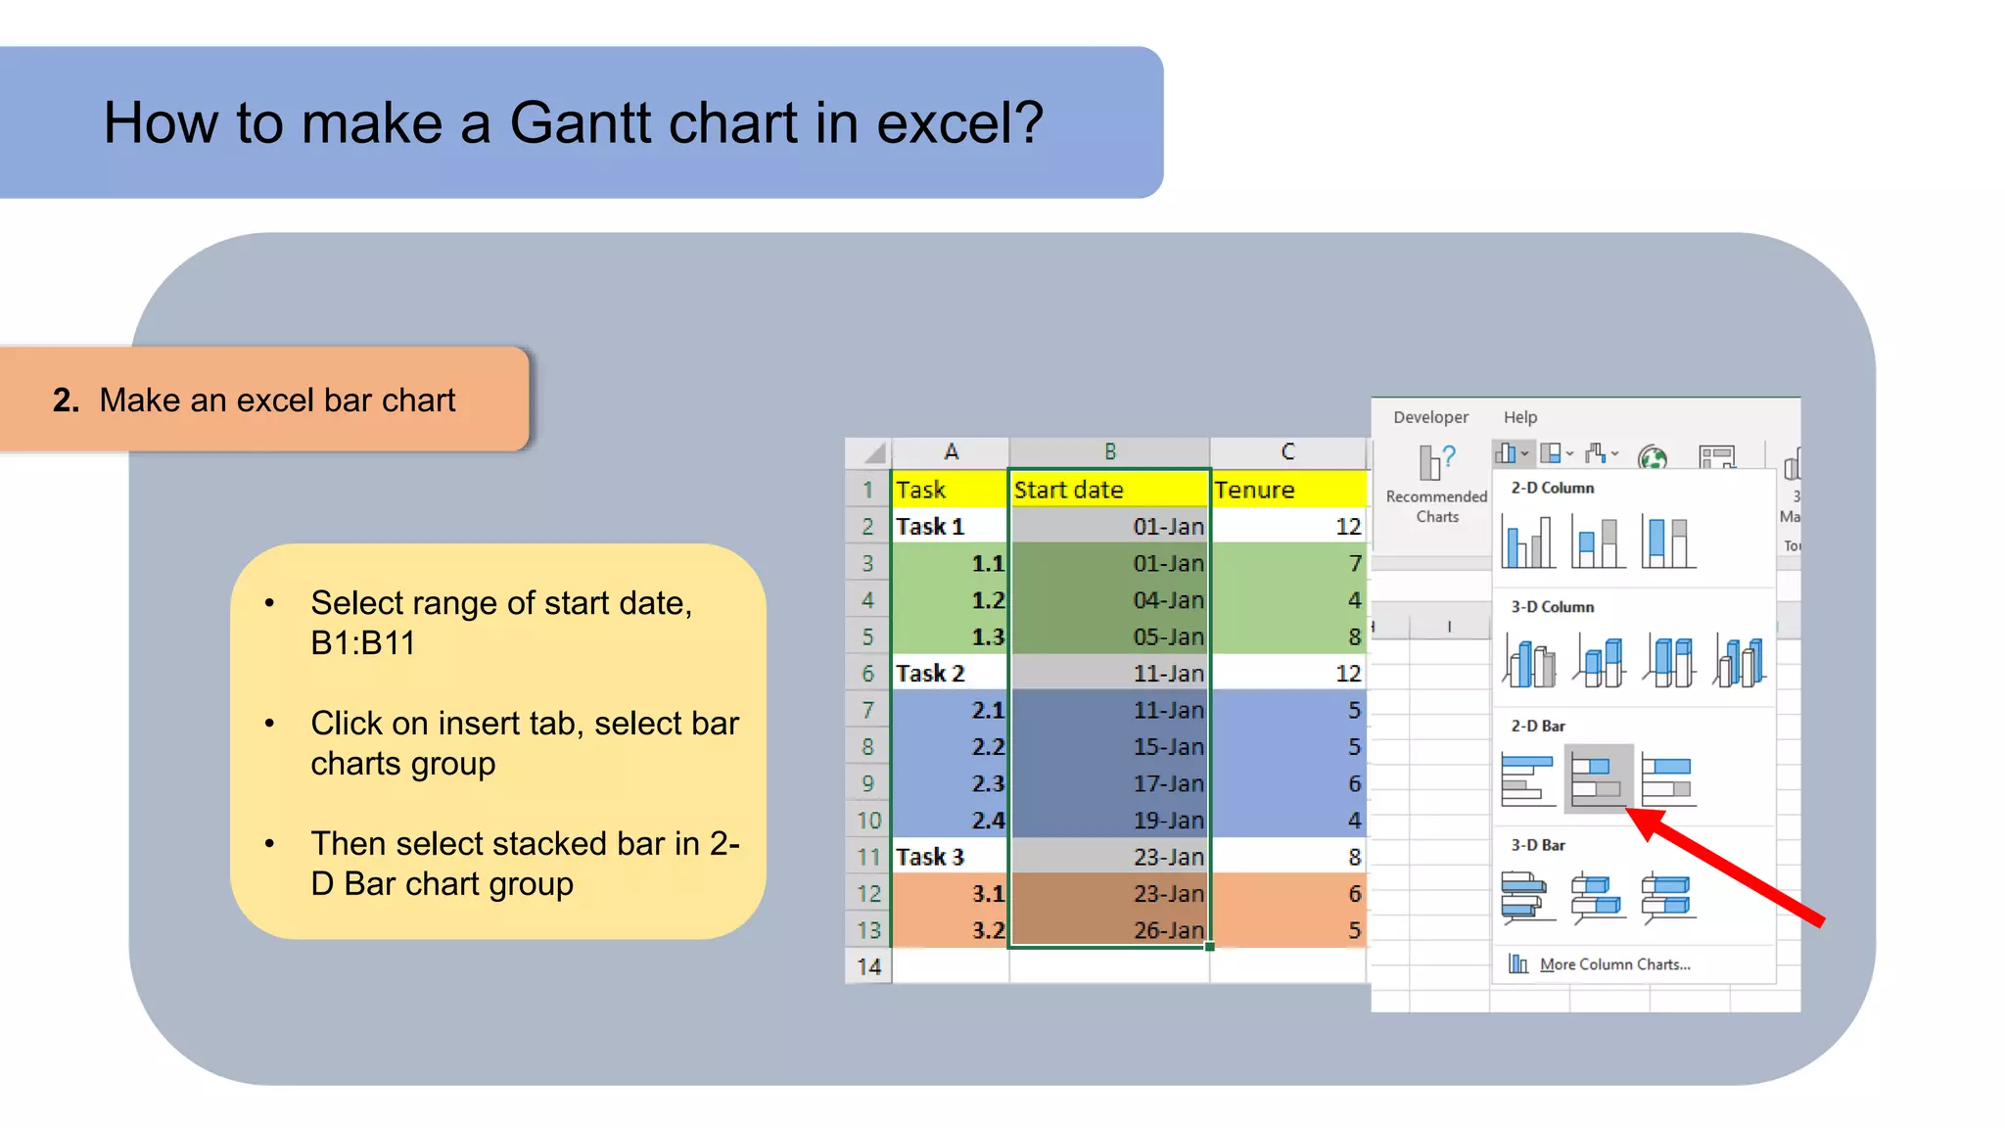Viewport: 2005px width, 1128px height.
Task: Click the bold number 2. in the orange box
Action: point(66,400)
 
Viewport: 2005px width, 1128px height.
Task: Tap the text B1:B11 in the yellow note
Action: point(362,643)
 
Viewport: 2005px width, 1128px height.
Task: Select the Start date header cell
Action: point(1108,490)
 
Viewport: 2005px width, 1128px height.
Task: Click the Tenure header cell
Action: point(1287,490)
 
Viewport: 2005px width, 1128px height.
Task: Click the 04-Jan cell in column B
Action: point(1109,600)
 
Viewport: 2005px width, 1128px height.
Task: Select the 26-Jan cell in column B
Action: point(1109,930)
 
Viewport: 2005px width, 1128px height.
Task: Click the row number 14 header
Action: point(868,967)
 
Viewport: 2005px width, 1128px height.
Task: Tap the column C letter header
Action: point(1287,451)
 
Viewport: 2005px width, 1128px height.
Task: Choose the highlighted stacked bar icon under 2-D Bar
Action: point(1597,778)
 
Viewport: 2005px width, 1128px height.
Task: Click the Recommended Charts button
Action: point(1436,485)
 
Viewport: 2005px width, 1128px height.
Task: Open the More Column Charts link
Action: point(1613,964)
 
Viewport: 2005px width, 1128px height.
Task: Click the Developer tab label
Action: point(1430,417)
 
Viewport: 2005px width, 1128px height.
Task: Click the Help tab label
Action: point(1520,417)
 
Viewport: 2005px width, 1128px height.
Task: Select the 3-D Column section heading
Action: point(1552,607)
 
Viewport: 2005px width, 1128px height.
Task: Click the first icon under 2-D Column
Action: point(1526,542)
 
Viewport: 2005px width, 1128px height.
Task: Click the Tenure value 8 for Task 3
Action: point(1287,857)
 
